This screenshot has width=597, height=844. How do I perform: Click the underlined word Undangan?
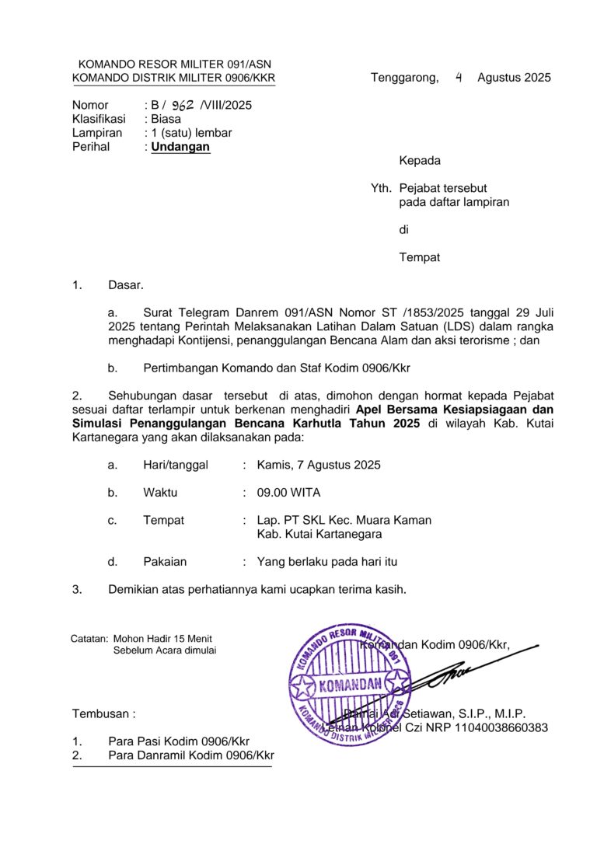point(180,146)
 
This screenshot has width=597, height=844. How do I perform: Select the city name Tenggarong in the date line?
point(404,78)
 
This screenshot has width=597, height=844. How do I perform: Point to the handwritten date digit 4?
point(459,77)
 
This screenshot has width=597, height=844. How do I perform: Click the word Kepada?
point(420,161)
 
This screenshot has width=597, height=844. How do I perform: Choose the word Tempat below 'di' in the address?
point(420,257)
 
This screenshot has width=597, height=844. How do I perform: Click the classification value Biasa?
point(166,119)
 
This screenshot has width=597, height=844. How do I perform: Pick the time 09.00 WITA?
point(288,493)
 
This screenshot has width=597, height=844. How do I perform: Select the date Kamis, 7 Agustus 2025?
point(319,465)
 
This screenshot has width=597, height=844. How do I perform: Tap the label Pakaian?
point(165,561)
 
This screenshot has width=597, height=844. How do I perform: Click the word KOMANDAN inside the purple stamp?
point(351,685)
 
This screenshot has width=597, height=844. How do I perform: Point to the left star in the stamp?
point(302,686)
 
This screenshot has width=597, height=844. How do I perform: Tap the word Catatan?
point(89,639)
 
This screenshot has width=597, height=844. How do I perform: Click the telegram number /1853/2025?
point(429,313)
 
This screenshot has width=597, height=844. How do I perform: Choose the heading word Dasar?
point(125,285)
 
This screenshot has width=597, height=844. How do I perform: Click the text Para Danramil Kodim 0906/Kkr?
point(191,755)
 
